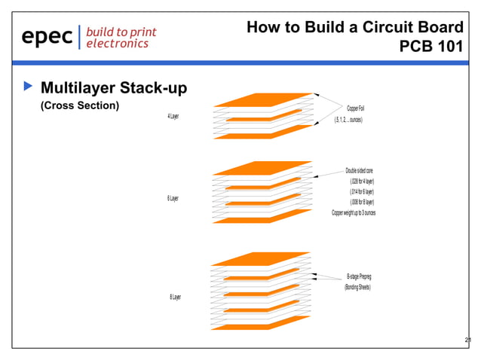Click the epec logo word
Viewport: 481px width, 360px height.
click(47, 36)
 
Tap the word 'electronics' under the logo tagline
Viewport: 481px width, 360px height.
click(116, 44)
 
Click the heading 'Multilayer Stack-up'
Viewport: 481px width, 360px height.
click(113, 89)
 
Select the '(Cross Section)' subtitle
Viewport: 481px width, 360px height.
click(79, 105)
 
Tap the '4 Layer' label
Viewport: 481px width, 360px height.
click(178, 117)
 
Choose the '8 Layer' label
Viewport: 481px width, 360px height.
click(175, 297)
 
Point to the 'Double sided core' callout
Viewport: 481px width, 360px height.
click(360, 171)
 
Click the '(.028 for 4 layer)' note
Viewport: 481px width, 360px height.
click(362, 182)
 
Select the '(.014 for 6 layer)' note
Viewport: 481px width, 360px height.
click(362, 192)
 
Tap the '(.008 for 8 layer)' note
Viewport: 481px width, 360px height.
click(362, 203)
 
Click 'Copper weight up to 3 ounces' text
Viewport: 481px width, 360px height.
click(354, 213)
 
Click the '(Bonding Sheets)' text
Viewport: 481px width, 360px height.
click(358, 287)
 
